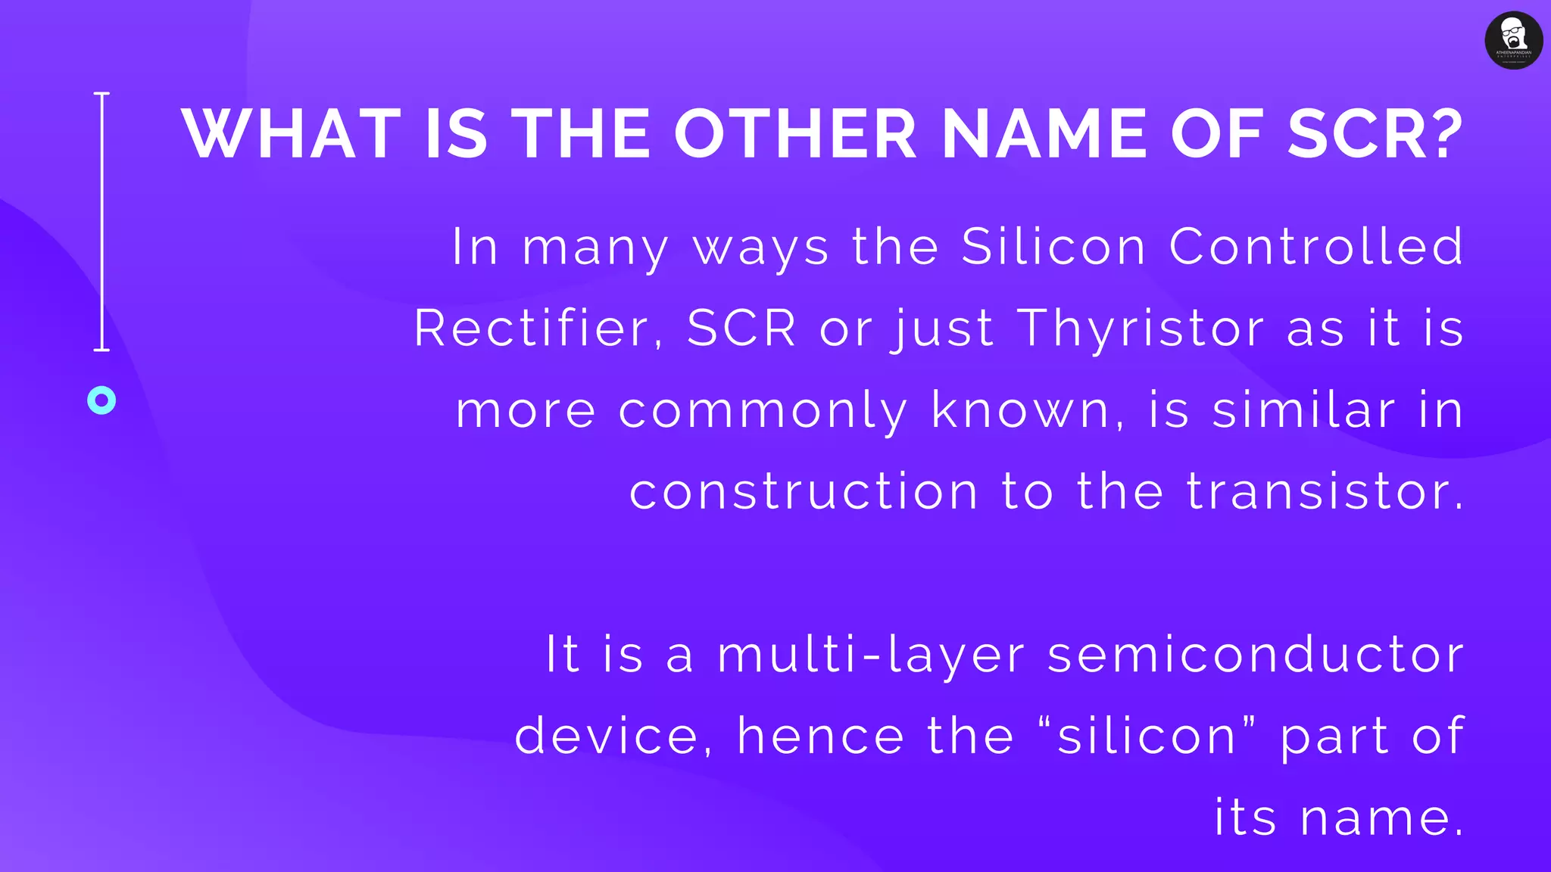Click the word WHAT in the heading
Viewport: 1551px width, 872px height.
point(291,134)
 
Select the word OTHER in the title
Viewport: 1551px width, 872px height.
point(795,134)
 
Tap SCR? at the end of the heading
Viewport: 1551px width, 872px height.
point(1375,134)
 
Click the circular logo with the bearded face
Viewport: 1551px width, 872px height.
point(1513,40)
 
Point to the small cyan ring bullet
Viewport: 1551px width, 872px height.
point(101,400)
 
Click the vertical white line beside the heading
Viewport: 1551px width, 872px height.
point(101,221)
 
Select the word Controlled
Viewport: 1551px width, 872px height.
point(1316,247)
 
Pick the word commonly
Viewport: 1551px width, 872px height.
point(763,412)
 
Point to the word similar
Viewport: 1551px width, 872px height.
point(1303,410)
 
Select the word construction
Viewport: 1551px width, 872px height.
point(804,492)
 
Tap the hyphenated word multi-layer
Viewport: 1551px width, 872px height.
point(871,656)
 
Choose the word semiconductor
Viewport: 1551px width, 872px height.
point(1256,656)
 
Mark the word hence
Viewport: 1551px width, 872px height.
point(821,737)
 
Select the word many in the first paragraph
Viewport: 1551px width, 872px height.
point(596,248)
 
